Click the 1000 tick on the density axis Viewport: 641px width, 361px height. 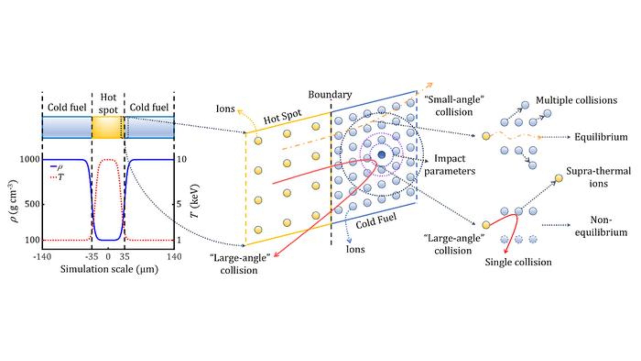click(x=30, y=159)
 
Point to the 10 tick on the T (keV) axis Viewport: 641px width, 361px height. click(x=181, y=159)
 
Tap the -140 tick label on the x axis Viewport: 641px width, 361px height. click(x=42, y=257)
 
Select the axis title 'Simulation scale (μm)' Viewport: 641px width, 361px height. click(x=109, y=269)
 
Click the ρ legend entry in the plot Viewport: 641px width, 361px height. click(x=57, y=166)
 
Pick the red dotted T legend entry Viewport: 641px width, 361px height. click(x=57, y=177)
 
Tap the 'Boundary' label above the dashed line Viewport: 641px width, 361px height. click(x=330, y=95)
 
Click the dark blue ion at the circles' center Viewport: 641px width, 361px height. click(x=382, y=155)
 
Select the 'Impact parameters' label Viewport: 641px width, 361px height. click(x=450, y=165)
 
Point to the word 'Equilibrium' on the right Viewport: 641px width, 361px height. click(x=601, y=137)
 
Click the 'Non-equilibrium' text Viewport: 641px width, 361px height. click(x=601, y=226)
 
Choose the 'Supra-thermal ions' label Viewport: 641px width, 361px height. click(x=598, y=177)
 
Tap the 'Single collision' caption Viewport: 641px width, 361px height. click(x=518, y=262)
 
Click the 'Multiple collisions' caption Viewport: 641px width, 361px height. click(x=576, y=100)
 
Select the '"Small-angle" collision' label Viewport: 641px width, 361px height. click(x=454, y=106)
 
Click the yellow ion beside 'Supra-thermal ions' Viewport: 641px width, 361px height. click(x=559, y=178)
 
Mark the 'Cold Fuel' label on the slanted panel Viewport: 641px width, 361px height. click(x=376, y=221)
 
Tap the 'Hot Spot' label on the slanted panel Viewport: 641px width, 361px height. click(x=282, y=117)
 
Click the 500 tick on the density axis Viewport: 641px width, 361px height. click(x=32, y=204)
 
